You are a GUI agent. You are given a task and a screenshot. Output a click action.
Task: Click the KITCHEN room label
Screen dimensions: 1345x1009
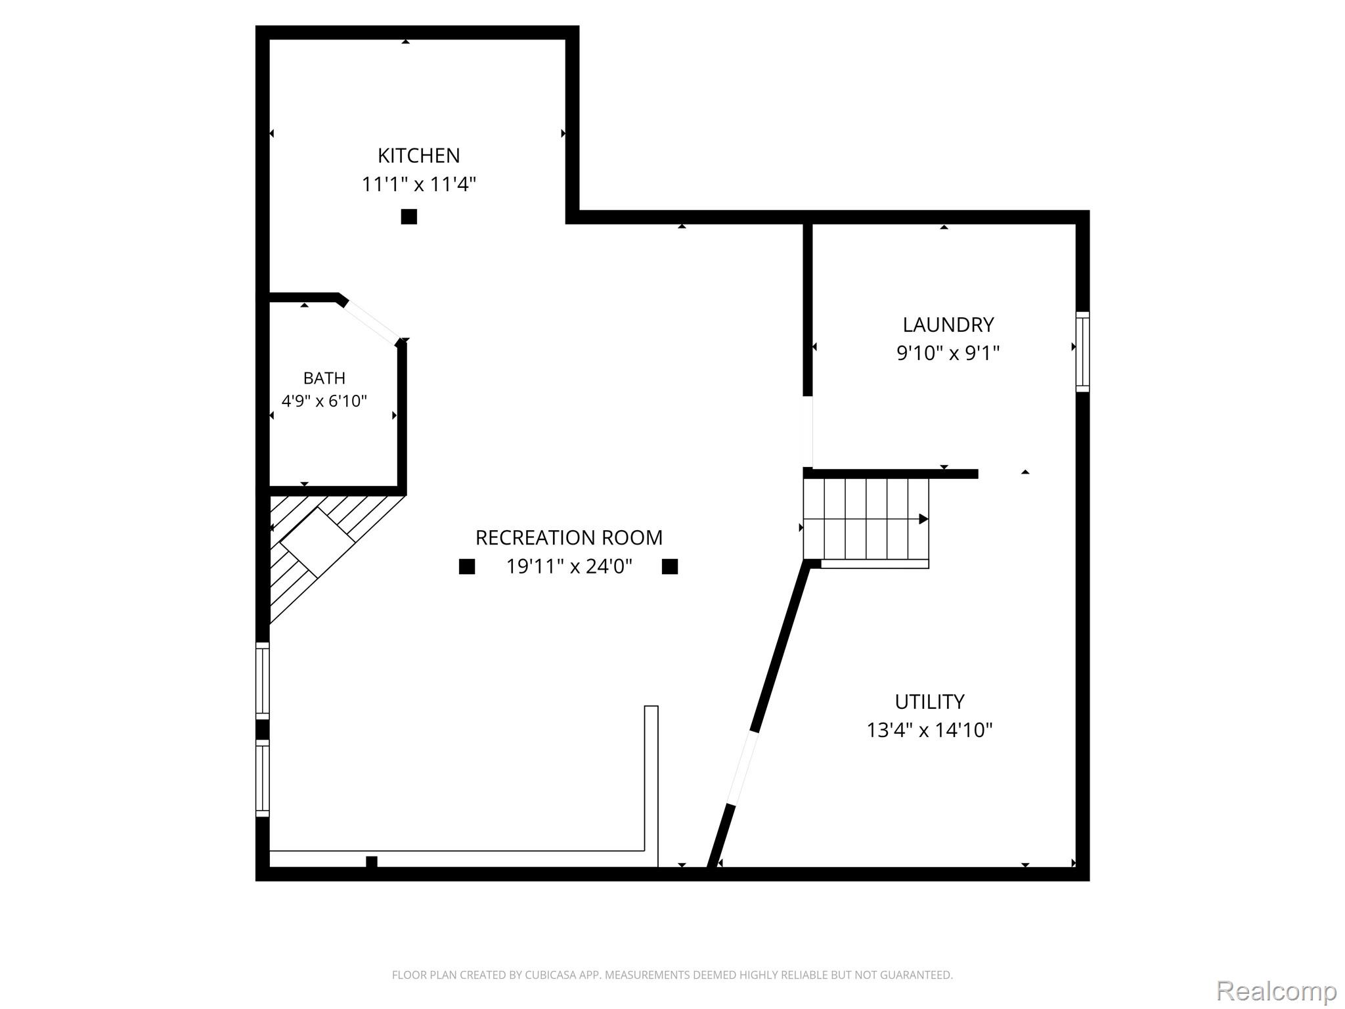tap(418, 156)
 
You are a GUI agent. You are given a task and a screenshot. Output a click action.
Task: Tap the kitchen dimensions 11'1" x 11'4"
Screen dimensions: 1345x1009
tap(418, 184)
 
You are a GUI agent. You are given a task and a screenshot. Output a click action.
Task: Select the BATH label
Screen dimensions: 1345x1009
tap(324, 378)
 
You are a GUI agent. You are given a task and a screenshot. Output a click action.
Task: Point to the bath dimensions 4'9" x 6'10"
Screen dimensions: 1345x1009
tap(324, 401)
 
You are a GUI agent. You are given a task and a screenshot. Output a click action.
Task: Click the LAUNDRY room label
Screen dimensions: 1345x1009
tap(948, 325)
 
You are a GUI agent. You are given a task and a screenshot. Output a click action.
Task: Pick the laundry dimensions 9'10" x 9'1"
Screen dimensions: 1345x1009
tap(948, 353)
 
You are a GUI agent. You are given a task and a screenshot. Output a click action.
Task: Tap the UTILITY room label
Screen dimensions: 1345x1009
tap(929, 702)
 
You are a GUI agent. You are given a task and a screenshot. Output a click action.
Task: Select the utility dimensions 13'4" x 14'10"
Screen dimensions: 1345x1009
tap(929, 730)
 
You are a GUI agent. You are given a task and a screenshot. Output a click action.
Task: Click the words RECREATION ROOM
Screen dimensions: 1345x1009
tap(569, 537)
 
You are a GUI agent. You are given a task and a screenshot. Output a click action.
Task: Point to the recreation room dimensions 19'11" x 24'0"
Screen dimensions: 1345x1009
tap(569, 566)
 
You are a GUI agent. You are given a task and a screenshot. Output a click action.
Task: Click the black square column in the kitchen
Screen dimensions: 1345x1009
tap(408, 216)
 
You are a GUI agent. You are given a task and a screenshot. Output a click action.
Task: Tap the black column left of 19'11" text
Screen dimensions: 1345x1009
tap(466, 566)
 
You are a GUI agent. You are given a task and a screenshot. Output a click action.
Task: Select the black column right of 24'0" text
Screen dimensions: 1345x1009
tap(669, 566)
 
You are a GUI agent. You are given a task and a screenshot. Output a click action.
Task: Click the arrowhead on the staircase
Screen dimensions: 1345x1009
tap(923, 519)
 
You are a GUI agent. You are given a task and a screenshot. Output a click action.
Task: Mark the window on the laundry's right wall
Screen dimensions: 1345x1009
tap(1082, 352)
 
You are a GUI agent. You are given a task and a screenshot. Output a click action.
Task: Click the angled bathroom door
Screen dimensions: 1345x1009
tap(372, 321)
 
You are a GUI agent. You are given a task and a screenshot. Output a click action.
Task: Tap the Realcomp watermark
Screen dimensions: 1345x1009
tap(1276, 990)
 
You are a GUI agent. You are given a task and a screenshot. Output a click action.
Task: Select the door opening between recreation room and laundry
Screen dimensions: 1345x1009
tap(807, 432)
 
